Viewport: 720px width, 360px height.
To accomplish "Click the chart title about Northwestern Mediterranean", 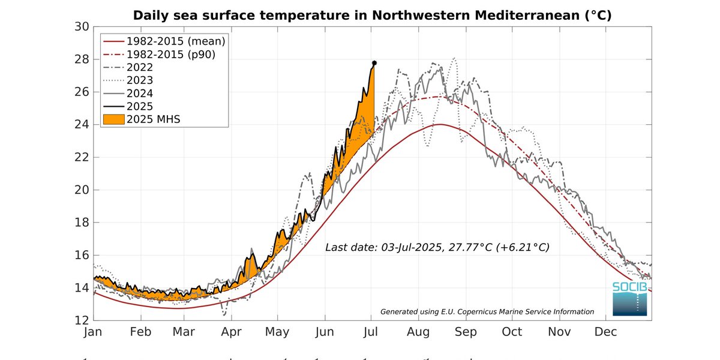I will pos(372,15).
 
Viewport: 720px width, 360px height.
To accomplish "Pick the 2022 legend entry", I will pos(139,67).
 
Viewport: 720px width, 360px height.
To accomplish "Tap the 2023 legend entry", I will pos(139,80).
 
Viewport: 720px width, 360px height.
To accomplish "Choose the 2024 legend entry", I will pos(139,93).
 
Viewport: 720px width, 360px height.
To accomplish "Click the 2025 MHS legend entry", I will pos(153,119).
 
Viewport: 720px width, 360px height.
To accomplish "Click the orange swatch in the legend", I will pos(112,119).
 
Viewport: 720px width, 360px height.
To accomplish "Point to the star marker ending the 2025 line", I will pos(374,63).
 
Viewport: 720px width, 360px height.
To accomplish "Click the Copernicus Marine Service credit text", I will pos(487,311).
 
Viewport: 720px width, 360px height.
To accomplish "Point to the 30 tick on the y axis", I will pos(82,27).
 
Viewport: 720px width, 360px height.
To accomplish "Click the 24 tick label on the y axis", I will pos(82,125).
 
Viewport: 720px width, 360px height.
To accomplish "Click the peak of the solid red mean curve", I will pos(441,124).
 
